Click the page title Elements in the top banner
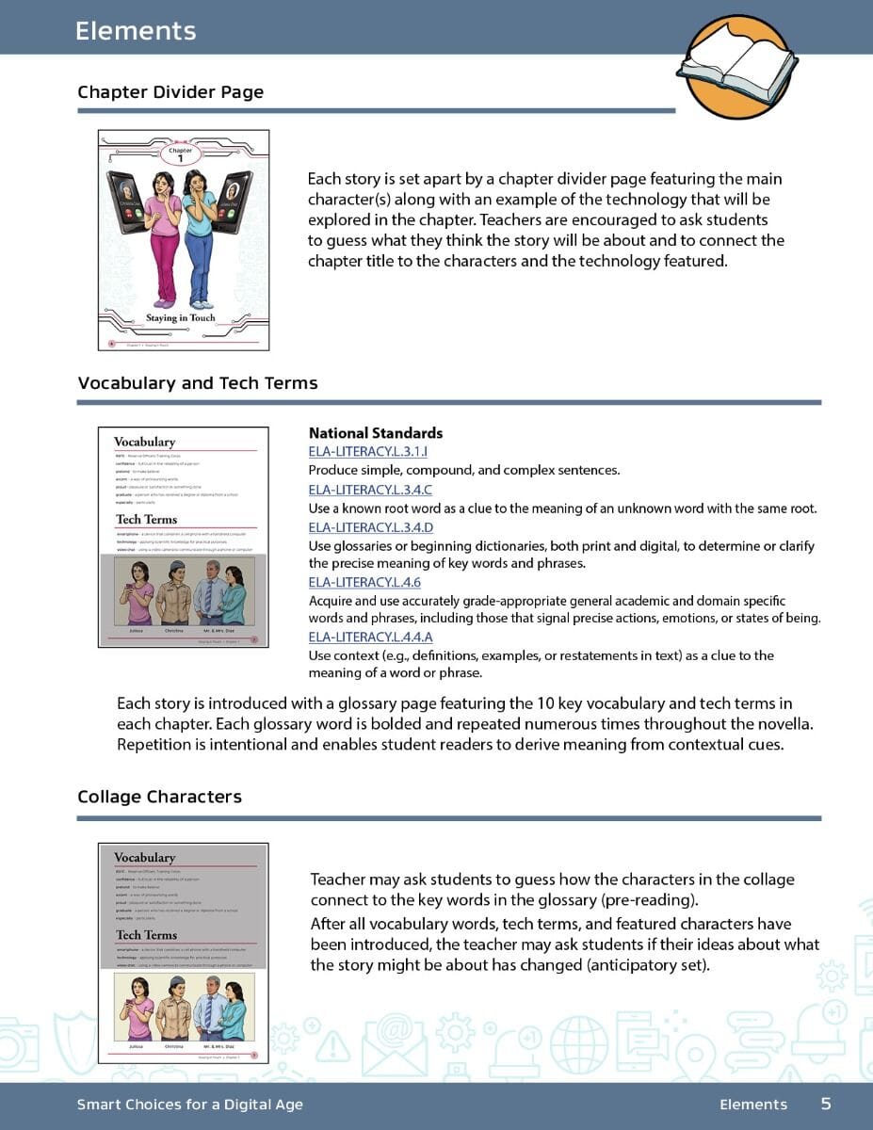pos(136,31)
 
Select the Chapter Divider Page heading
pos(170,92)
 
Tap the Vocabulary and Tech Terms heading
pos(198,383)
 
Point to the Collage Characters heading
pos(159,797)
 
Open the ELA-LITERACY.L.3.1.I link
pos(368,452)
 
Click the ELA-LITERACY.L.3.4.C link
pos(370,490)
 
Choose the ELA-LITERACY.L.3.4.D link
pos(371,527)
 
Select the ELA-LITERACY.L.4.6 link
pos(364,582)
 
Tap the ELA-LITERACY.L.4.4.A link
pos(371,637)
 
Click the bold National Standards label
pos(376,433)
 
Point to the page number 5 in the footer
pos(826,1104)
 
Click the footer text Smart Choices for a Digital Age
pos(190,1105)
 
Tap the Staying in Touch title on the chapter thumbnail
pos(181,318)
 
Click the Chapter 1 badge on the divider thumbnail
pos(180,154)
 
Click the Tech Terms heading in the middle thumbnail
pos(146,520)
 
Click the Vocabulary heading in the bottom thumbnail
pos(144,858)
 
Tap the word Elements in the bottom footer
pos(752,1105)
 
